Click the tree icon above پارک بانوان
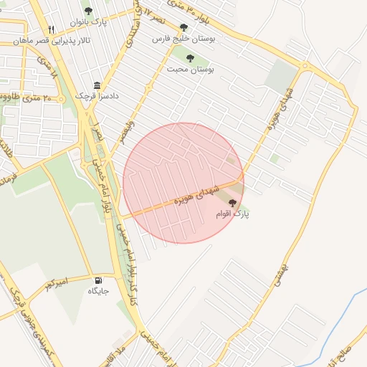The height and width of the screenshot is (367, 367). [x=88, y=11]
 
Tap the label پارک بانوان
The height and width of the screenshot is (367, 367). [x=88, y=22]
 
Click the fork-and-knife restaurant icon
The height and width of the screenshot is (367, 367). [x=50, y=30]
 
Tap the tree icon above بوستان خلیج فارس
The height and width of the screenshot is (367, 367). [x=184, y=28]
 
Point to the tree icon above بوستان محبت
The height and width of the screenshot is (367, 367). [x=189, y=58]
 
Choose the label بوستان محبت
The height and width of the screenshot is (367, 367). [x=191, y=70]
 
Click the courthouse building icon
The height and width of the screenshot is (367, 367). [x=97, y=84]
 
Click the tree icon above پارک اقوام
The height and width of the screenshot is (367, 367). [x=231, y=203]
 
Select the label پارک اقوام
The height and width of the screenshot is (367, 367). [x=232, y=214]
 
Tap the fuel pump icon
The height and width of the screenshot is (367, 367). [x=97, y=280]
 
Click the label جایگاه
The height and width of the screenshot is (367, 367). [x=98, y=291]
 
